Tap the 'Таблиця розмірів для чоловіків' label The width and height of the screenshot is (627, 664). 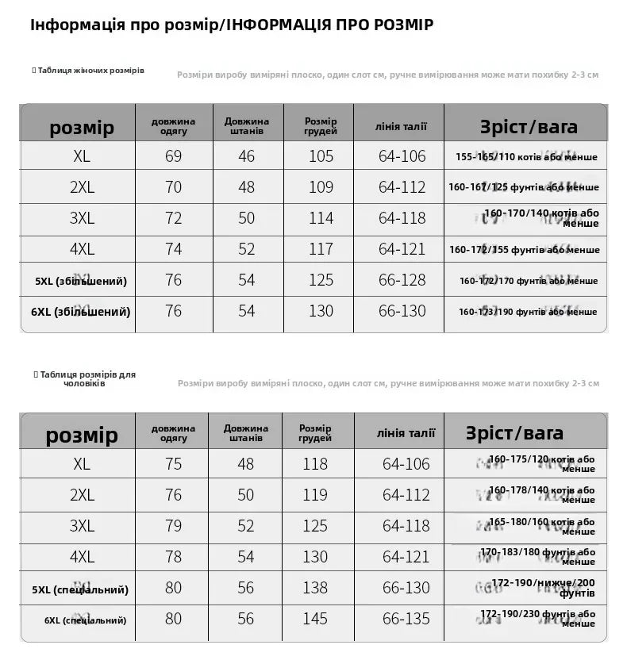[87, 378]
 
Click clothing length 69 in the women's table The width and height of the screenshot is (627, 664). [173, 156]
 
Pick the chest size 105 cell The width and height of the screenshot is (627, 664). [321, 156]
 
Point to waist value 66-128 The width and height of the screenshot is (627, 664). [402, 280]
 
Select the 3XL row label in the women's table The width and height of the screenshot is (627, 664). [82, 218]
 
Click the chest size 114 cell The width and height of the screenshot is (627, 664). [321, 218]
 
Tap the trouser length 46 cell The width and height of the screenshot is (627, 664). [247, 156]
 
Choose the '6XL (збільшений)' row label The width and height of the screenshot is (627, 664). [81, 312]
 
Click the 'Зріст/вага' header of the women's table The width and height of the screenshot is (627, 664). [529, 127]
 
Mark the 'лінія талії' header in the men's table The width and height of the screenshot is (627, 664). [406, 433]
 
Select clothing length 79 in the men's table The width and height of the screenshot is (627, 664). [173, 526]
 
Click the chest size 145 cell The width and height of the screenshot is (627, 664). [315, 619]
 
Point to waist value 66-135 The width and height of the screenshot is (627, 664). [406, 619]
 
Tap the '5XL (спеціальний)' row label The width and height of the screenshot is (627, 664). [80, 589]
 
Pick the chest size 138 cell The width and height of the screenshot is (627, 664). [315, 588]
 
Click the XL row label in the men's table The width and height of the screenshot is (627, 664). [82, 464]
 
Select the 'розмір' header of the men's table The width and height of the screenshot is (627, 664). [82, 436]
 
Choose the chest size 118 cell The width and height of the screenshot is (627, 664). [315, 464]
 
